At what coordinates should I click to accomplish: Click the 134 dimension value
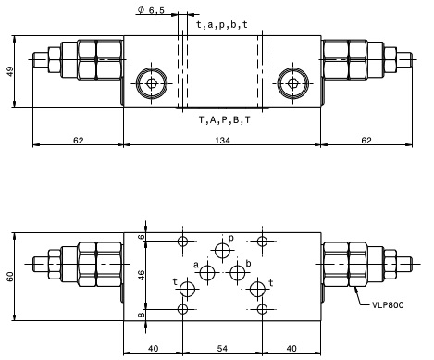click(222, 141)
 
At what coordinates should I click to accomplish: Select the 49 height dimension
click(10, 72)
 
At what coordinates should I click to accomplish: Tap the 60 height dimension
click(10, 277)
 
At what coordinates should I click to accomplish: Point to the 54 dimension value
click(222, 349)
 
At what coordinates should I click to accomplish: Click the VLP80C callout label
click(388, 305)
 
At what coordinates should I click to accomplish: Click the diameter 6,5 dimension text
click(151, 10)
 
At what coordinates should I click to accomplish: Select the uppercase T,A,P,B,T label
click(225, 120)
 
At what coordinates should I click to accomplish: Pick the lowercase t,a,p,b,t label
click(222, 25)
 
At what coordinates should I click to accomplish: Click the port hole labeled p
click(222, 250)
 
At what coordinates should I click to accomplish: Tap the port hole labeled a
click(207, 272)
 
